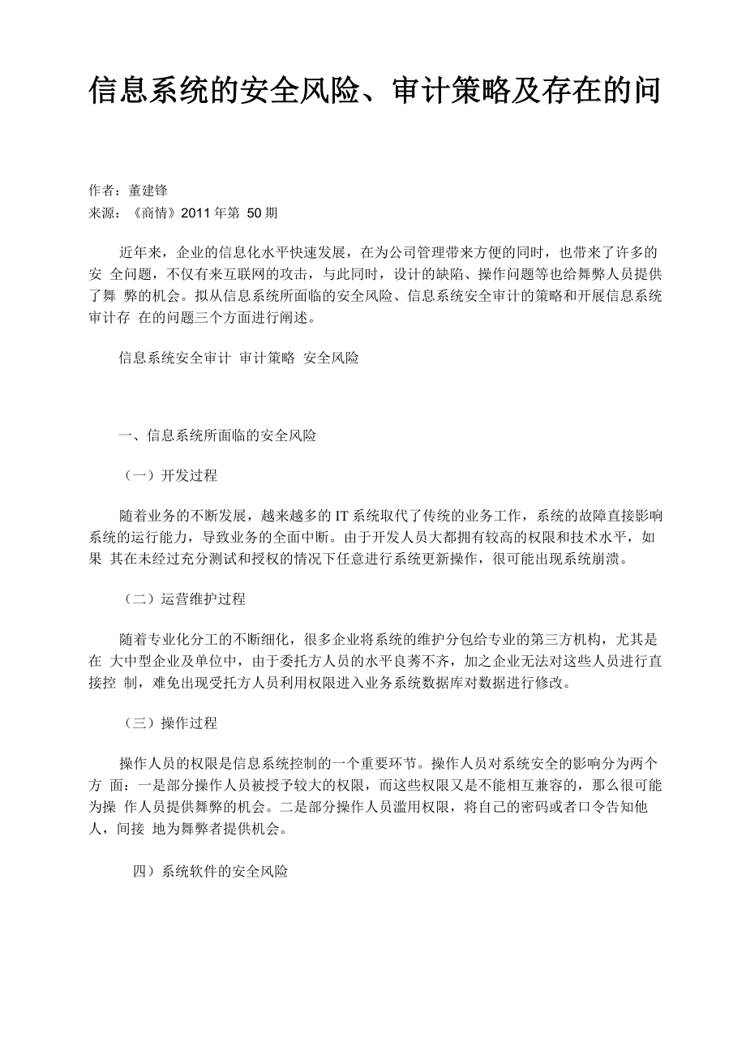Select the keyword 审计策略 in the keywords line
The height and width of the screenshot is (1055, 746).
tap(267, 358)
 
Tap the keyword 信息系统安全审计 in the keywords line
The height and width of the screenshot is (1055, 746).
tap(174, 358)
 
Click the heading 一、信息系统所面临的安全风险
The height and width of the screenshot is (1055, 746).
tap(217, 435)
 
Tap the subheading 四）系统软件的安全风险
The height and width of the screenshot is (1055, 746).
tap(210, 872)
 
